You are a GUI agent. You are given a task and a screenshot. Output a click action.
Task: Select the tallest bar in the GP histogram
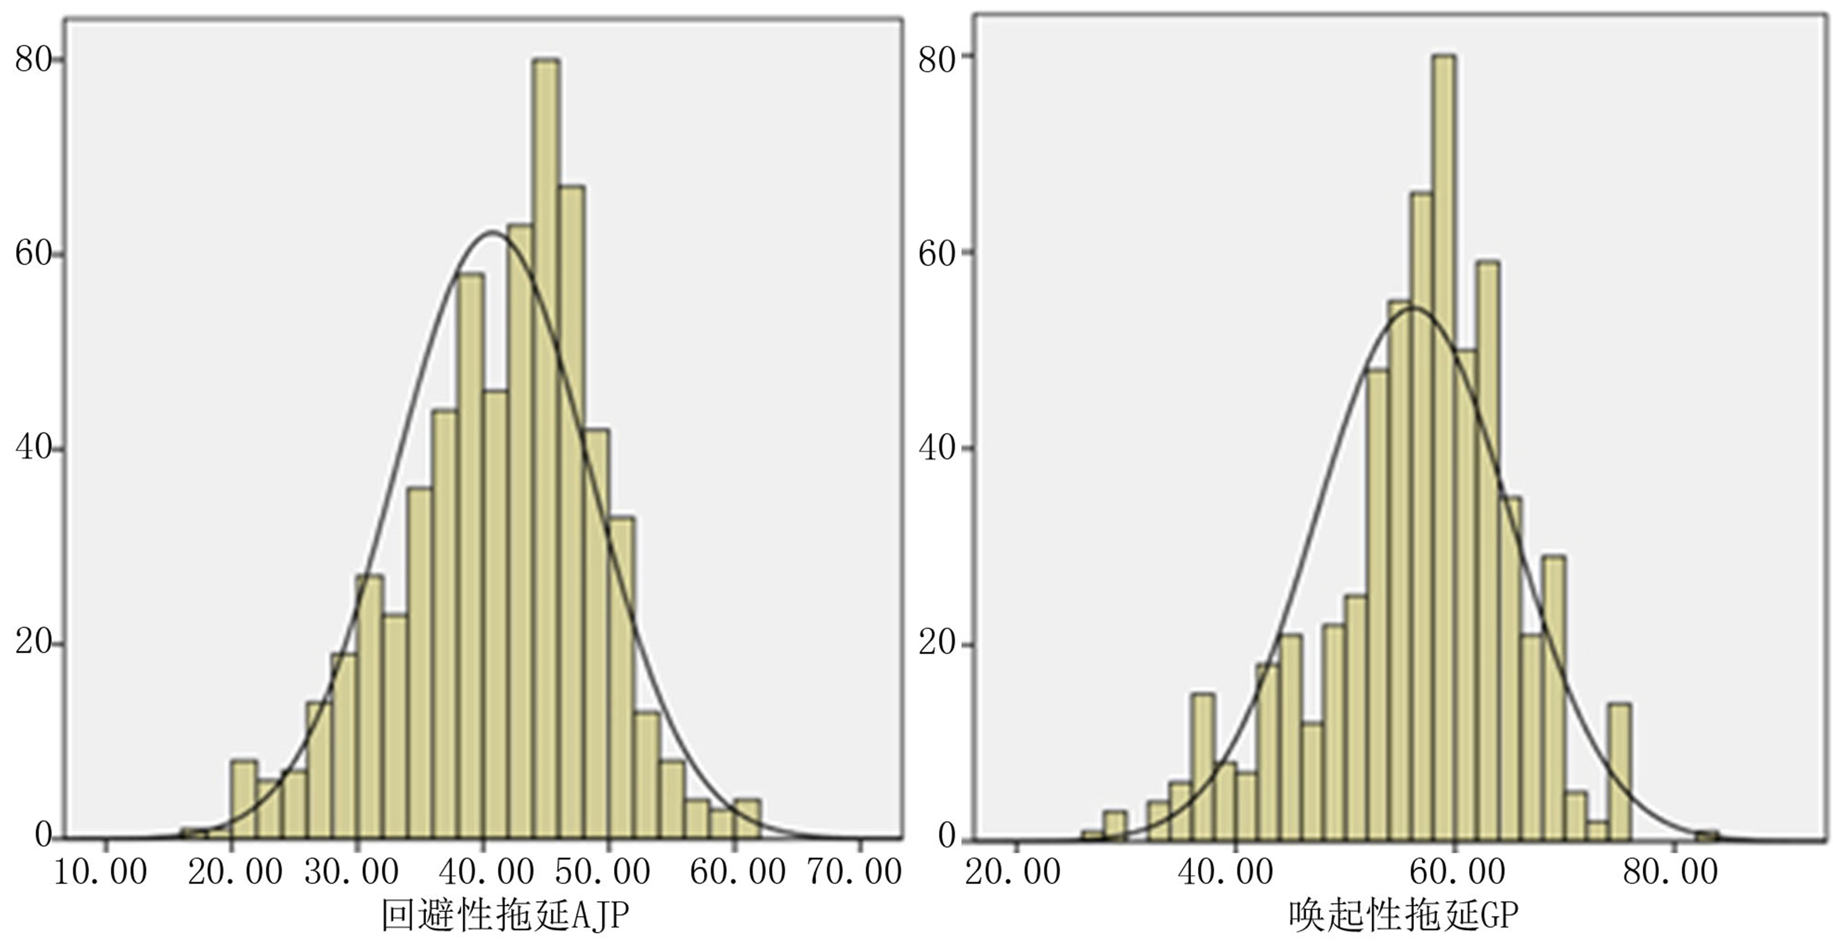coord(1443,448)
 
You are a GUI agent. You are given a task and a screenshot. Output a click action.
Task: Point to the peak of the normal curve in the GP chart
coord(1412,308)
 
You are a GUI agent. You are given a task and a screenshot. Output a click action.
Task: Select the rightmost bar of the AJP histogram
coord(747,819)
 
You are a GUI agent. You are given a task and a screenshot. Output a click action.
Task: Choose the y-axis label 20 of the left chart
coord(34,643)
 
